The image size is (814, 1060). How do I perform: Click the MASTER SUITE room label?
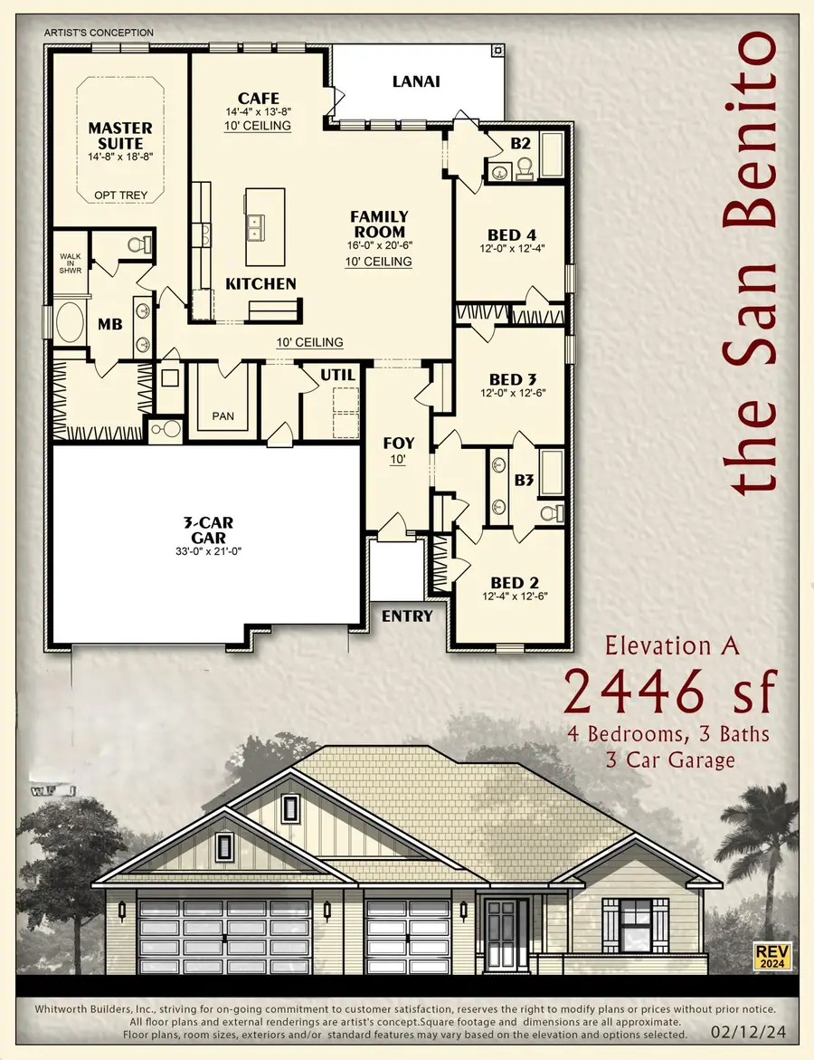click(119, 136)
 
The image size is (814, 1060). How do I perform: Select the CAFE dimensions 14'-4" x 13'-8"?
click(258, 111)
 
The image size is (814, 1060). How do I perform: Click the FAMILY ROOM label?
click(379, 224)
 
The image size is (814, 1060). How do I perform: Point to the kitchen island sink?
click(254, 226)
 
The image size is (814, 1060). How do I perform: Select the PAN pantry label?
click(222, 415)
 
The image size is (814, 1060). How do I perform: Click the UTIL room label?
click(337, 375)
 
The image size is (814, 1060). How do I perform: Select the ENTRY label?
click(406, 616)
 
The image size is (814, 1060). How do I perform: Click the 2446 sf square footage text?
click(670, 693)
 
